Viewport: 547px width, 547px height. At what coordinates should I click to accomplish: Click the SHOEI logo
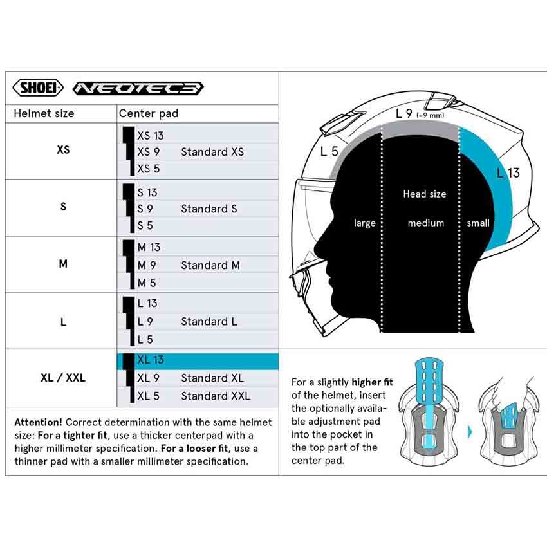[x=38, y=88]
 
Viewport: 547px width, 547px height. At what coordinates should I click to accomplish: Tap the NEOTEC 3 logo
[x=138, y=88]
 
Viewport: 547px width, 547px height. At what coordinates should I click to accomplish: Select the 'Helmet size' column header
[x=44, y=114]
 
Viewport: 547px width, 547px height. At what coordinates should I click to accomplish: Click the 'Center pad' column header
[x=148, y=114]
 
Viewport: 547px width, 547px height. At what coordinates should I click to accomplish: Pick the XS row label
[x=63, y=150]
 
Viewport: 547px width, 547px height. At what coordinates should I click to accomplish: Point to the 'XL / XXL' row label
[x=62, y=378]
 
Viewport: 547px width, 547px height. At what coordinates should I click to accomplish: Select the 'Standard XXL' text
[x=215, y=396]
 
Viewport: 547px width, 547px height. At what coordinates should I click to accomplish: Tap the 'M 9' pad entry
[x=147, y=265]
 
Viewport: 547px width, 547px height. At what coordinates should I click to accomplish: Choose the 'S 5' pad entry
[x=145, y=225]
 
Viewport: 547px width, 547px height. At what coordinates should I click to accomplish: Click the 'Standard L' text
[x=209, y=321]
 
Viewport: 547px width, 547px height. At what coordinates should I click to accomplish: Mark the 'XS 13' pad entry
[x=150, y=136]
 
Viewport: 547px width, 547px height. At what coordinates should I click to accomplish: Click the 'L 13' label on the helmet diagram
[x=508, y=172]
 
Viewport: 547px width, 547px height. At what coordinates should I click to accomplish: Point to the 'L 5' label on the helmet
[x=329, y=152]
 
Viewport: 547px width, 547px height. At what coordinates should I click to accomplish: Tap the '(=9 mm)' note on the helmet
[x=430, y=115]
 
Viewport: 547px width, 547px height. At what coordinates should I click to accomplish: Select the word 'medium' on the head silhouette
[x=425, y=223]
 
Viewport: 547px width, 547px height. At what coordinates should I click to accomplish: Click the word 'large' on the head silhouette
[x=364, y=223]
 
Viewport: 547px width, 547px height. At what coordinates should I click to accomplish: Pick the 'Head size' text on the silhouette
[x=424, y=194]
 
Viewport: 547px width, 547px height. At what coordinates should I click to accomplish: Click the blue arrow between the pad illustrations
[x=471, y=430]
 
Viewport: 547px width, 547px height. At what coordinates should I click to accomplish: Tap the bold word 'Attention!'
[x=38, y=423]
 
